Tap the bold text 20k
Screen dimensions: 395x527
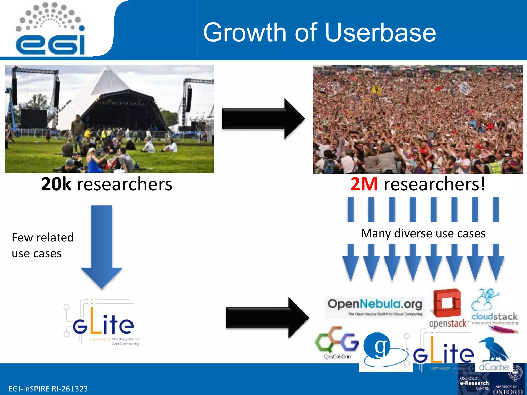(x=56, y=184)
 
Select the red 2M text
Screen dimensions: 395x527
(x=364, y=184)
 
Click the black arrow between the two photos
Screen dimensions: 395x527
(x=262, y=119)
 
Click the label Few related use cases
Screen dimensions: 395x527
(x=43, y=245)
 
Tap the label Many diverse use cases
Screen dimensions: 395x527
(x=423, y=234)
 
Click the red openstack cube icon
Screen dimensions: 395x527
(x=447, y=303)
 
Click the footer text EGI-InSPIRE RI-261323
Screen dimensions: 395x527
(x=48, y=389)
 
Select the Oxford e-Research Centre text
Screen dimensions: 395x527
(x=474, y=383)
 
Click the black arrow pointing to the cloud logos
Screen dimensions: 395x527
(x=267, y=318)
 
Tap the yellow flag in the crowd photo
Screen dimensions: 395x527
(x=376, y=90)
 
